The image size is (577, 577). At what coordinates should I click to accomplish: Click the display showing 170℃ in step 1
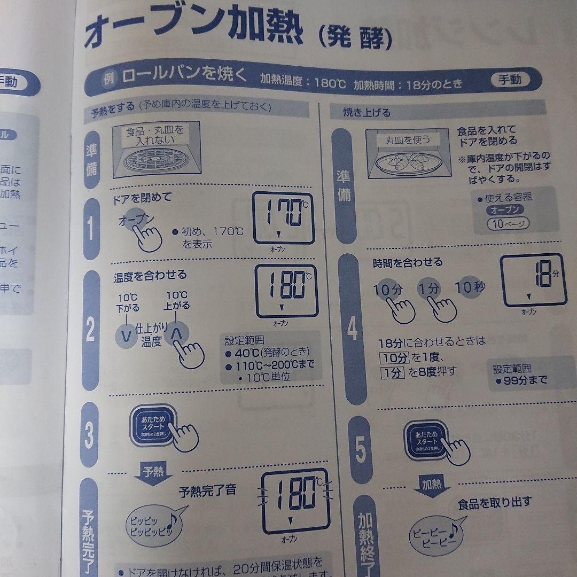click(x=283, y=218)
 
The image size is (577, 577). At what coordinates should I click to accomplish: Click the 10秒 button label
click(x=471, y=286)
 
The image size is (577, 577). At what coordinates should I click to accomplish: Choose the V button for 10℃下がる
click(x=127, y=336)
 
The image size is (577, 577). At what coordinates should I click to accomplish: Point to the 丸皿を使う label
click(x=408, y=141)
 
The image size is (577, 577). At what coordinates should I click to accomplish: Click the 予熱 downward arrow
click(x=150, y=475)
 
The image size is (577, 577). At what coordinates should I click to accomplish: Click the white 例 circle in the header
click(x=108, y=79)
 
